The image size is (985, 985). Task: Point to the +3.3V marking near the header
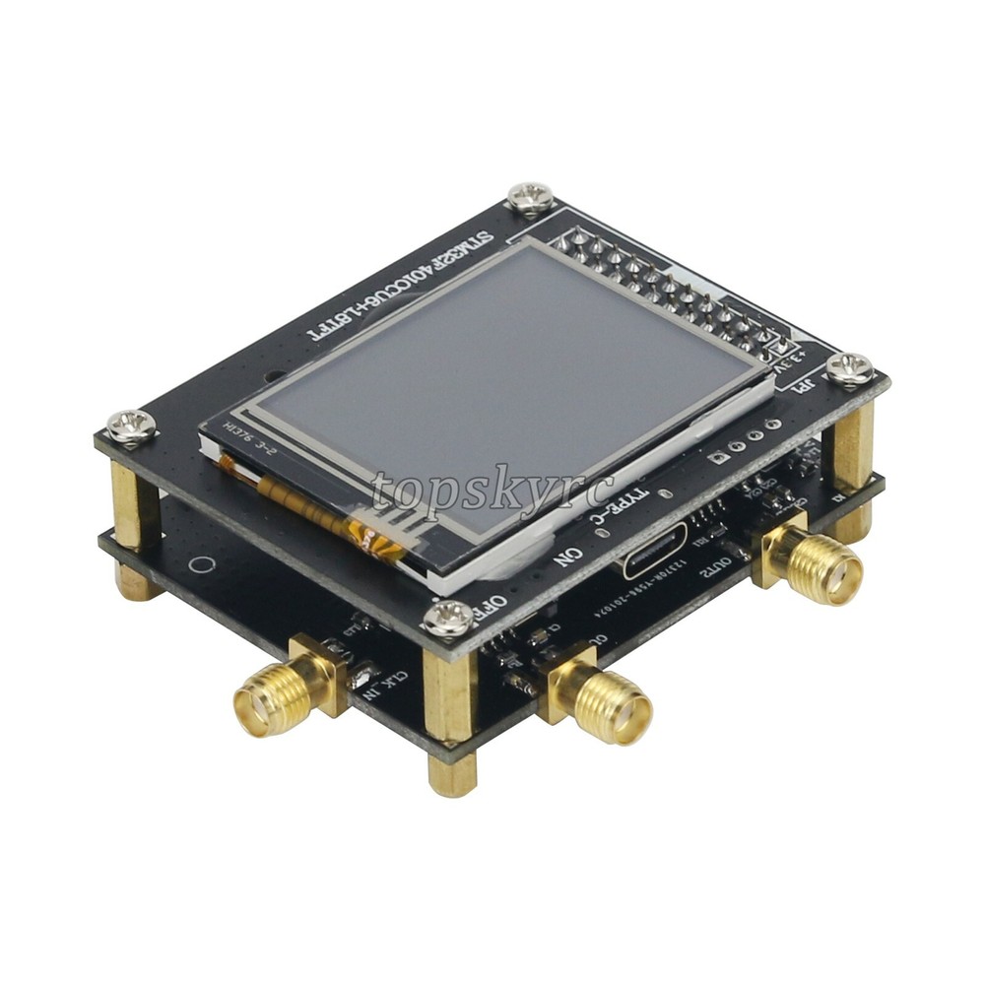(x=801, y=357)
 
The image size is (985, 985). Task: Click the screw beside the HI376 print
(x=130, y=425)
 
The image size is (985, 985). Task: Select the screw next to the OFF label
(x=449, y=619)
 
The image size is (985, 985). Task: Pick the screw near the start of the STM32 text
(x=531, y=198)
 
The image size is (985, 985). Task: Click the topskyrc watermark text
(x=492, y=492)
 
